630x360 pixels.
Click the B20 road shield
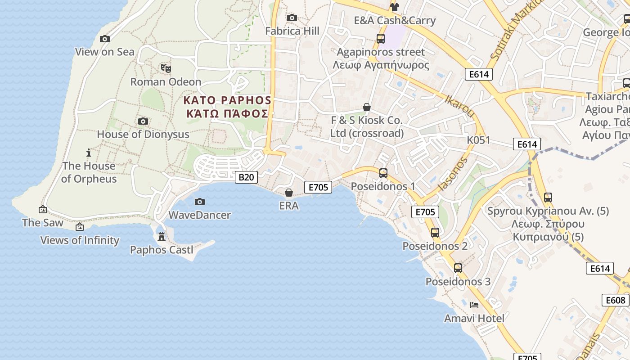pos(246,177)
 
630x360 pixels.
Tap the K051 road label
pos(478,140)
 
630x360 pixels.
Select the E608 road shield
pos(615,300)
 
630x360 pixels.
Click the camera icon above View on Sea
pos(105,39)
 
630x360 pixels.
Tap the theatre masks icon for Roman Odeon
pos(166,68)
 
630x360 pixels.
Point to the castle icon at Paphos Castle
pos(162,236)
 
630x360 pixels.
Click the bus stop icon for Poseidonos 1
pos(383,173)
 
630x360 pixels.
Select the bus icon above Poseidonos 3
pos(458,268)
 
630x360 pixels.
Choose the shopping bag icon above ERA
pos(289,193)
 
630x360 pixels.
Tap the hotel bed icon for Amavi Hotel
pos(474,305)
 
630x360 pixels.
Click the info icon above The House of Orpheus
pos(89,153)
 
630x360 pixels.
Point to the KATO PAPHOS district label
pos(227,107)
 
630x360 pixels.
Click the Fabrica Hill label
pos(292,31)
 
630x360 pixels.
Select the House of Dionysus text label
pos(143,134)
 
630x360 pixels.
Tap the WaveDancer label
pos(199,215)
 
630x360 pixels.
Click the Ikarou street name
pos(459,107)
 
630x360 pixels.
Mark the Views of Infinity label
pos(80,240)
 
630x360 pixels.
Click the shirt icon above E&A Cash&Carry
pos(395,7)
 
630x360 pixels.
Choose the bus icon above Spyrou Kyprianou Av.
pos(548,198)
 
